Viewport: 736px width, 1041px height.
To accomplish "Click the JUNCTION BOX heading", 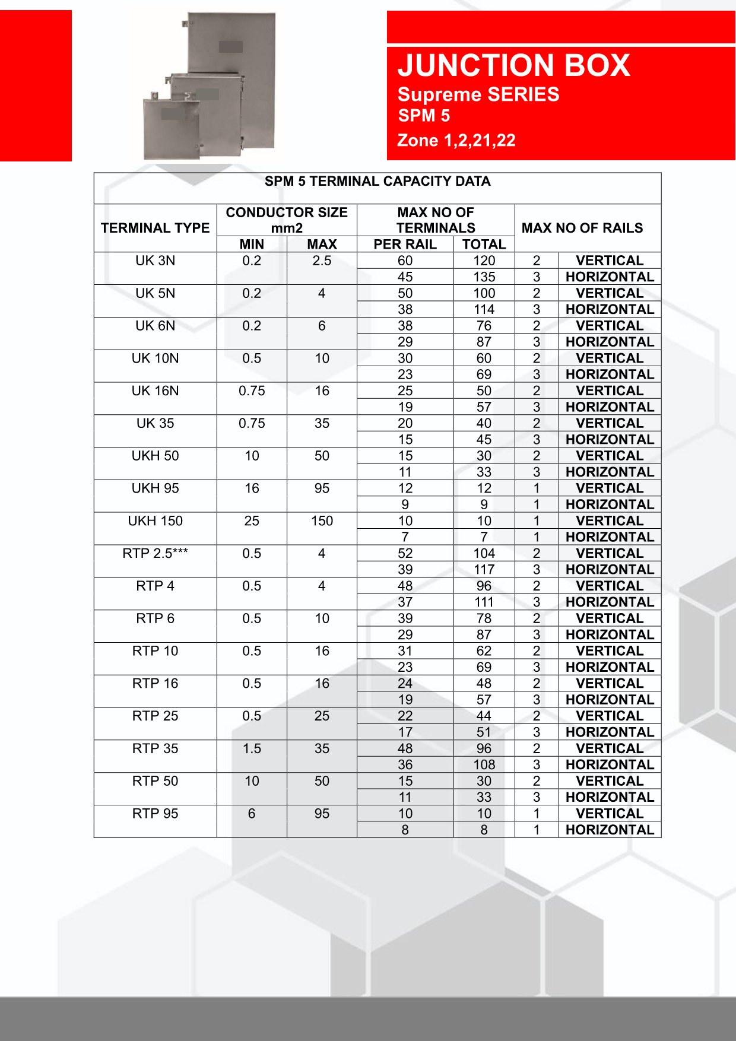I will tap(513, 65).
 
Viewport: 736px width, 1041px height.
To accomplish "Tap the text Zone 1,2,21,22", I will tap(456, 141).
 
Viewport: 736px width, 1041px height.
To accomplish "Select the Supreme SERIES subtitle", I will tap(478, 94).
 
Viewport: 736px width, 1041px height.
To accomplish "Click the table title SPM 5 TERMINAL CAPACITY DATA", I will tap(377, 182).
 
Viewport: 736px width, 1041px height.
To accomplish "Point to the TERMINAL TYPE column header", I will tap(155, 228).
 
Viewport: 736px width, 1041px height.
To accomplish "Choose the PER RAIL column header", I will tap(405, 245).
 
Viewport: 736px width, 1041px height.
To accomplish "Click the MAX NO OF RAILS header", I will tap(582, 228).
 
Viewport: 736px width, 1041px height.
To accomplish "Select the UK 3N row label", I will tap(155, 261).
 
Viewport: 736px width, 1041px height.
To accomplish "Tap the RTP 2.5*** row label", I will tap(155, 553).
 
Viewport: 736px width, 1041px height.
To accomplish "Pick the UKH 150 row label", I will tap(155, 520).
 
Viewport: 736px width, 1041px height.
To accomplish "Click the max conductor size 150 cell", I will tap(322, 520).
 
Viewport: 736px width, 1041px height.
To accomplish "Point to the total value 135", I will tap(484, 277).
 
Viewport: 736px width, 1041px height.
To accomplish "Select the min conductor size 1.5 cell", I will tap(252, 748).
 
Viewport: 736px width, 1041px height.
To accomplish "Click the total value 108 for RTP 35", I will tap(484, 764).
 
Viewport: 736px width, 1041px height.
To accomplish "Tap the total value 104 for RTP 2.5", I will tap(484, 553).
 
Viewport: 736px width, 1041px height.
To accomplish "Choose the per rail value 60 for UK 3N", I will tap(405, 261).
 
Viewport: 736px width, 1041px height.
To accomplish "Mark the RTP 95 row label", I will tap(155, 814).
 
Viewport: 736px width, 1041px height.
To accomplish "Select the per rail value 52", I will tap(405, 553).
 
